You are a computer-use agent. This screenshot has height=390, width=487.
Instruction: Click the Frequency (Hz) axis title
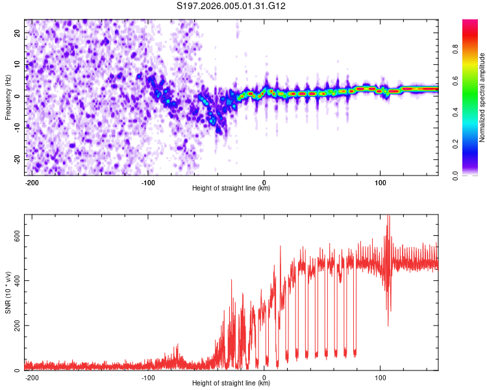(x=8, y=97)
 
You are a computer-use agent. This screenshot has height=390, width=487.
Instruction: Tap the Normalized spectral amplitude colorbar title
(x=482, y=97)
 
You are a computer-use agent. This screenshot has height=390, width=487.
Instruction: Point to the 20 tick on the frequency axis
(x=17, y=32)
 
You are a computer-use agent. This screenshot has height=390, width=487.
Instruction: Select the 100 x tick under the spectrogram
(x=380, y=181)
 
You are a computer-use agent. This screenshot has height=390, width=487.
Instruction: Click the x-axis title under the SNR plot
(x=231, y=383)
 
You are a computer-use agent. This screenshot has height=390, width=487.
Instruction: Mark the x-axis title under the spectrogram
(x=231, y=188)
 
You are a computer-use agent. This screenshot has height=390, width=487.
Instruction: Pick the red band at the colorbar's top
(x=471, y=23)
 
